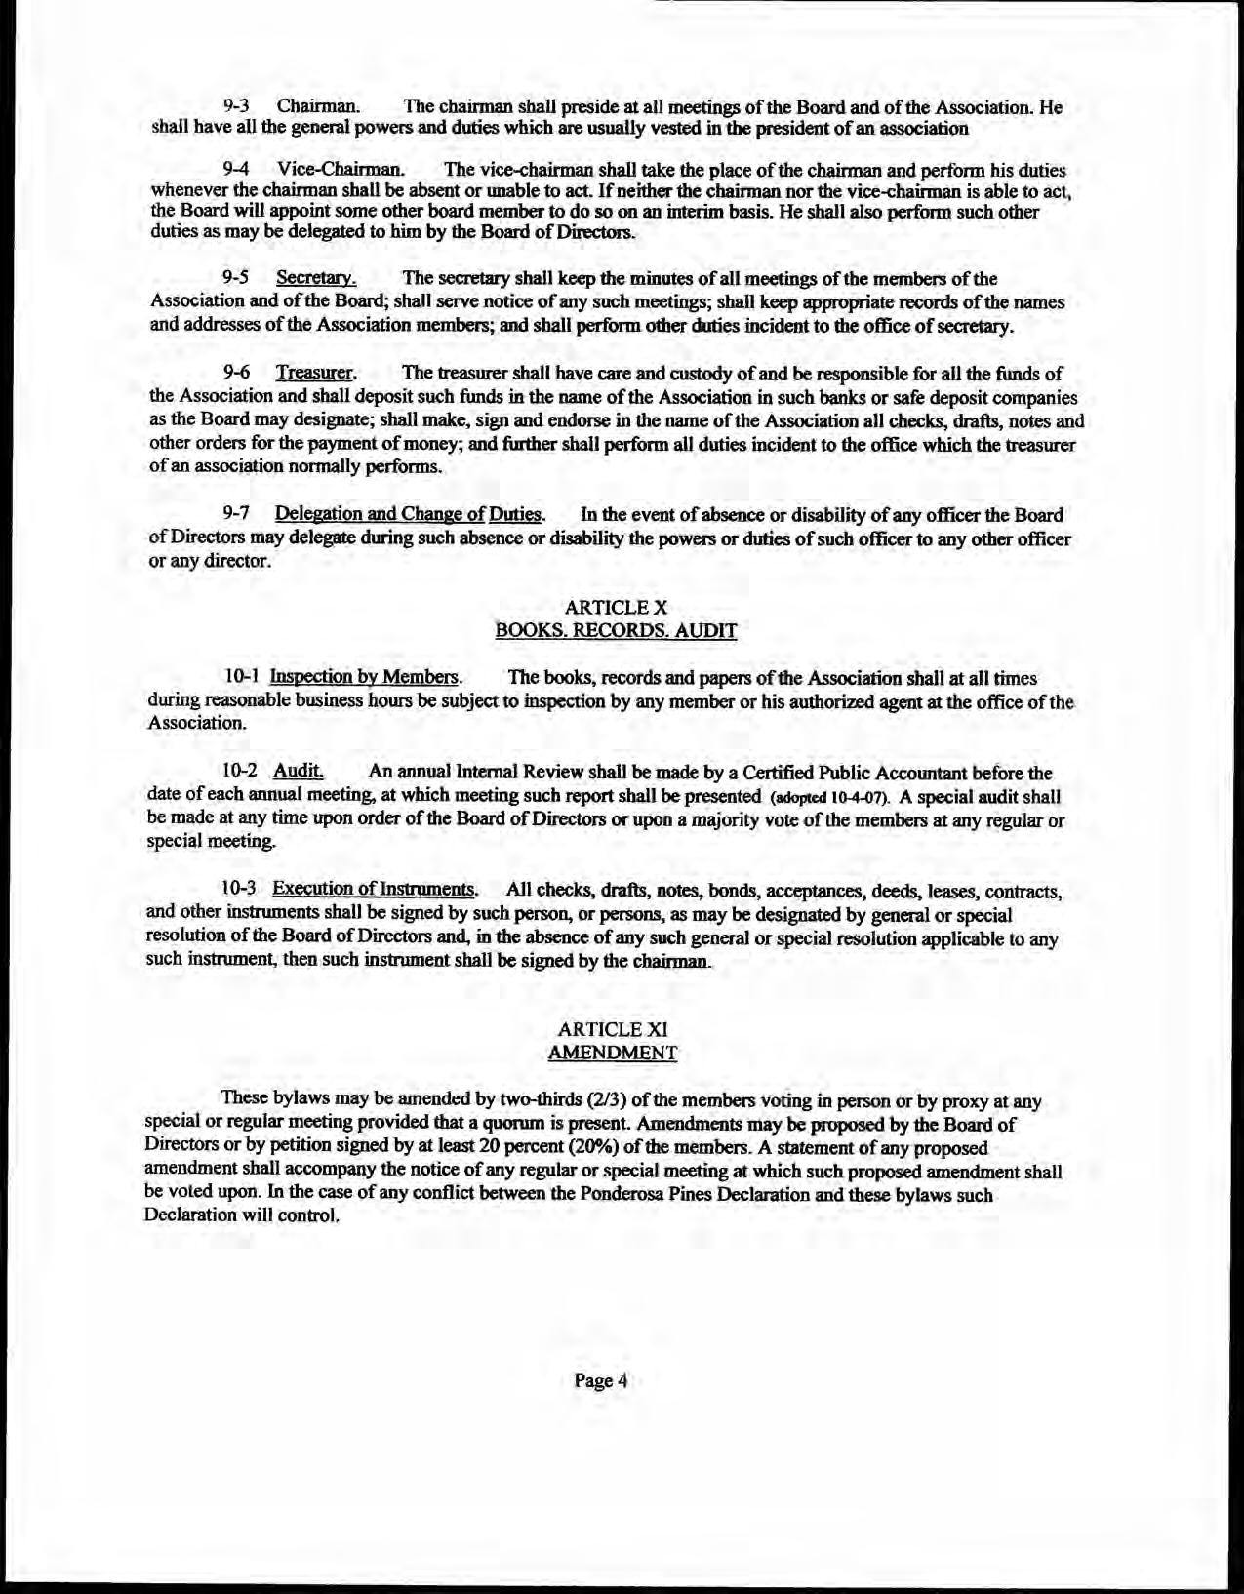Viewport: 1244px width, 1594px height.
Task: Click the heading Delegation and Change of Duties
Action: coord(409,514)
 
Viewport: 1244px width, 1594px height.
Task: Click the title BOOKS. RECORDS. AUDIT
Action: coord(616,630)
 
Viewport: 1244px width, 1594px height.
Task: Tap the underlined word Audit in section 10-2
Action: coord(299,771)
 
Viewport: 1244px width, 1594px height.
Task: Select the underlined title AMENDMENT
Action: coord(613,1053)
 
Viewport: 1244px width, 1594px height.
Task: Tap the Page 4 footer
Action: coord(599,1380)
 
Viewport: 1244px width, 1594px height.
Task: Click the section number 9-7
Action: coord(237,514)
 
